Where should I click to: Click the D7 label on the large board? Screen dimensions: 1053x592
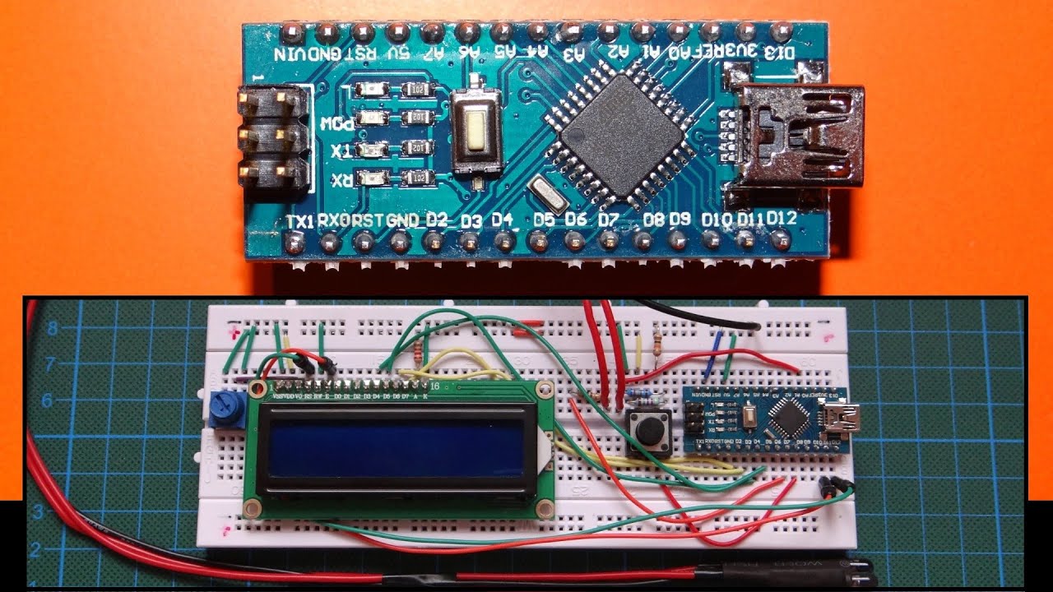(x=609, y=220)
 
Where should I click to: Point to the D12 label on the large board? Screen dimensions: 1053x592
(x=781, y=220)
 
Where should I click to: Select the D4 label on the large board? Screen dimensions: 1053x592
(x=503, y=220)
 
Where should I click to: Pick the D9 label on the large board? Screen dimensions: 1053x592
(x=680, y=220)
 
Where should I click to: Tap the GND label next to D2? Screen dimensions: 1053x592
(x=403, y=220)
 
